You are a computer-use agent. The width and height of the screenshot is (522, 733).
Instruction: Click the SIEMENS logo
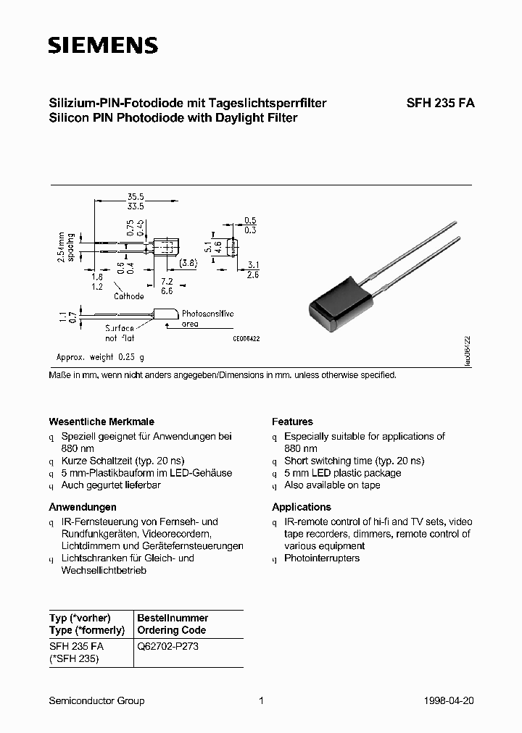(103, 46)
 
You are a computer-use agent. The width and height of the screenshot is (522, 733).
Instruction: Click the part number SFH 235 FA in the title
(440, 103)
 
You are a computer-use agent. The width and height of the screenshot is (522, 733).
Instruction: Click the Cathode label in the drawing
(129, 296)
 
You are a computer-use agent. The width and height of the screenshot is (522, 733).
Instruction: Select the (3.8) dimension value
(188, 262)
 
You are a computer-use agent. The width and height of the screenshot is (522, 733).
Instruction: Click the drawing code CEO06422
(246, 338)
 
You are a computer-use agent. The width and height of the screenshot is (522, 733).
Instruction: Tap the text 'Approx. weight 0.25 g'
(101, 357)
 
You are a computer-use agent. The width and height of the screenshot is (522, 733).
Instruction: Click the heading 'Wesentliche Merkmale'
(101, 422)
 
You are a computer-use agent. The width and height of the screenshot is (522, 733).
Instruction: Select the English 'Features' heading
(292, 422)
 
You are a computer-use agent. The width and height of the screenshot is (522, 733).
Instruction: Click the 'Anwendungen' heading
(83, 507)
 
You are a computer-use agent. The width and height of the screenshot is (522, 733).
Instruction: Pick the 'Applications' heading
(302, 507)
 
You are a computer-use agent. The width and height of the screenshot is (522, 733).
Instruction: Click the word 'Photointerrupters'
(322, 558)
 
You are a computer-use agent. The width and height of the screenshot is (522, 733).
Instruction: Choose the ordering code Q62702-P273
(167, 646)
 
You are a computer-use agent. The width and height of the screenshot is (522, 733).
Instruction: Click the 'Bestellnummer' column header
(173, 618)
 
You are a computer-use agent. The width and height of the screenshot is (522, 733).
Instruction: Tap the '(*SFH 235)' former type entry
(73, 658)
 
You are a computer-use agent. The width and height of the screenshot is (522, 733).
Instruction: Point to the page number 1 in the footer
(260, 700)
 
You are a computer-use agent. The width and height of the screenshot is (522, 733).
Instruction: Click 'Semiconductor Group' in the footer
(96, 700)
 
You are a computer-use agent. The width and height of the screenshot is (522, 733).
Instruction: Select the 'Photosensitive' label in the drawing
(207, 314)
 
